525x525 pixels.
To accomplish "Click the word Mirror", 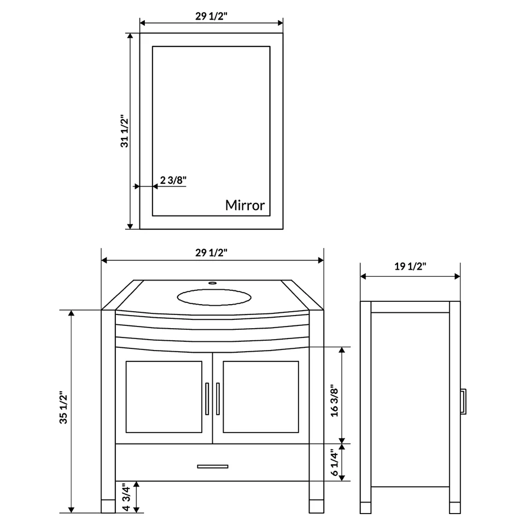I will [x=245, y=205].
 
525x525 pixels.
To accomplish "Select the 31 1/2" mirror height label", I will [x=125, y=131].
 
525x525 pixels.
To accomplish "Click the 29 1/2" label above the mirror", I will [x=211, y=16].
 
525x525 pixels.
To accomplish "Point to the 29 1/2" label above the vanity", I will [x=211, y=253].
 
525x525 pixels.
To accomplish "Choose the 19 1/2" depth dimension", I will [x=410, y=266].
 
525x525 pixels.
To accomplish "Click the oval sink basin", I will [x=214, y=297].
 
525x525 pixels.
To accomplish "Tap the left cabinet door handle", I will [x=207, y=399].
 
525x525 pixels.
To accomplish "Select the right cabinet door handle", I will [x=218, y=399].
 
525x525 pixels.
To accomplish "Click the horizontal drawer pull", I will [x=213, y=466].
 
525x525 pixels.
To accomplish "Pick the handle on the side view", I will [x=463, y=402].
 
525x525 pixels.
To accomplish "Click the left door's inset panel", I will [x=164, y=396].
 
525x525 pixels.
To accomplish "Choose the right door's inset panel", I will [x=261, y=396].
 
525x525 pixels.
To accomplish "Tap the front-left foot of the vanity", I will [x=108, y=505].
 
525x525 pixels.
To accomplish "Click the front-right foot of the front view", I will [x=317, y=505].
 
